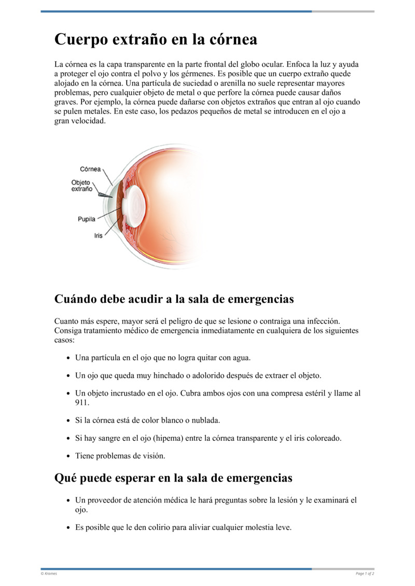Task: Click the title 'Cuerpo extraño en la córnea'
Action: [156, 39]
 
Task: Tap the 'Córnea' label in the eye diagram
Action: [90, 169]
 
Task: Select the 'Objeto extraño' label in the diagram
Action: [81, 186]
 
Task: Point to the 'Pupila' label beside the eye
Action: [87, 219]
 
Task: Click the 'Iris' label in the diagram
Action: [98, 235]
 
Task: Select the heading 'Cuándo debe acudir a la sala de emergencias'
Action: [174, 299]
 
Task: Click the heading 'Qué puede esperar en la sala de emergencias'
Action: [173, 478]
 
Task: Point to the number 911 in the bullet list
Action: [82, 402]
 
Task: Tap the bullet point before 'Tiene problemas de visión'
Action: [69, 456]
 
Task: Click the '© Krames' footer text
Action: [49, 574]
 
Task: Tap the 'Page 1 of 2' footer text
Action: [365, 574]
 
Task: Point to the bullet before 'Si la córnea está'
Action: [69, 421]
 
